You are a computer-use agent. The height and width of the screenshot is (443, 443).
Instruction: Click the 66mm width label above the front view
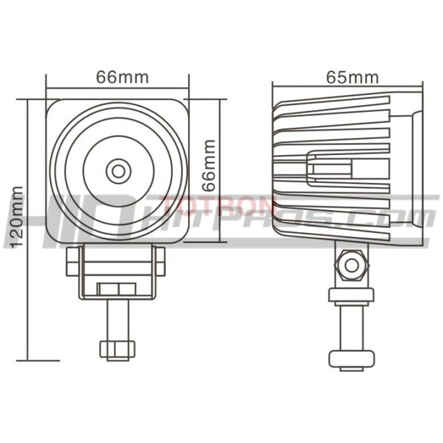[x=122, y=77]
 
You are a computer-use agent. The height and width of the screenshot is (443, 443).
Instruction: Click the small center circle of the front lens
[x=118, y=170]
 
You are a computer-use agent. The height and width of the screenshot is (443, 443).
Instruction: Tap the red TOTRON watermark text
[x=218, y=206]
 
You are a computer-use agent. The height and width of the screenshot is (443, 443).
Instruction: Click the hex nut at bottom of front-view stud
[x=117, y=349]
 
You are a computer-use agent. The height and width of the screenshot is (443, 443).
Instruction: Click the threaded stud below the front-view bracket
[x=117, y=320]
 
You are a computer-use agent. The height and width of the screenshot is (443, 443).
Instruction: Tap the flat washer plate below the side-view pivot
[x=350, y=294]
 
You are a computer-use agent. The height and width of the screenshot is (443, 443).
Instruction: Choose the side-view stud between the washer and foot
[x=350, y=326]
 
